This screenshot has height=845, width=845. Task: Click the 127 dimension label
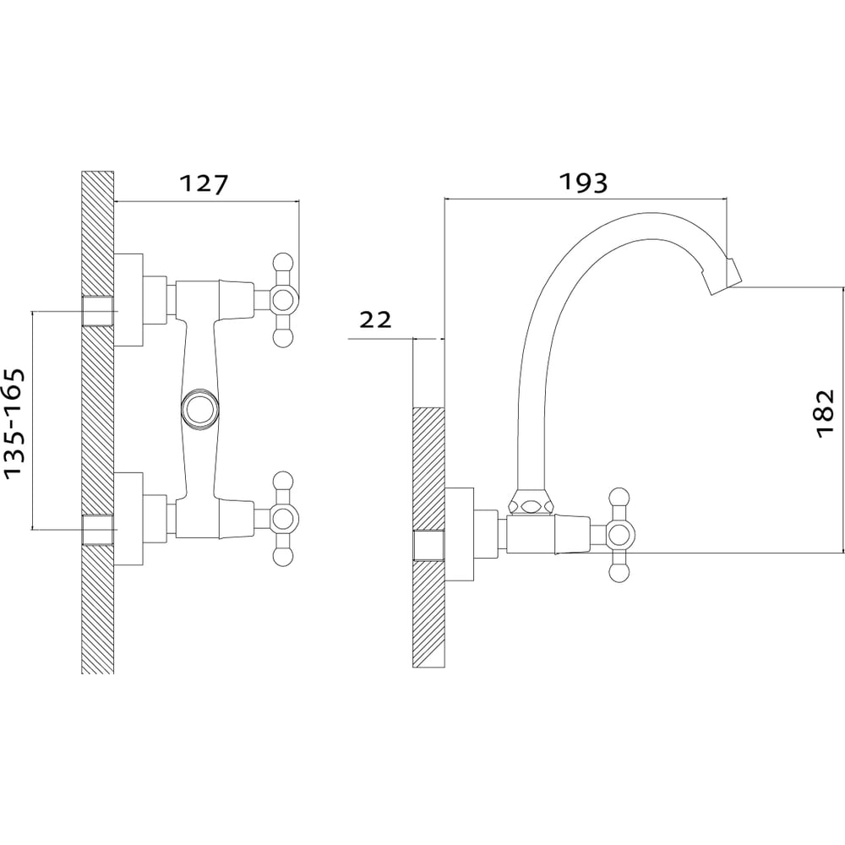click(204, 183)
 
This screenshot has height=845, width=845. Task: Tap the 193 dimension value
click(584, 183)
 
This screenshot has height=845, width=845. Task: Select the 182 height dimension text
click(825, 413)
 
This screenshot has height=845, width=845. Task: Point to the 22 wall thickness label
click(376, 320)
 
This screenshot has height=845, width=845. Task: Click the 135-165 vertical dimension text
click(14, 423)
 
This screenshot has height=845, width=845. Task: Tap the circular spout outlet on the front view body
click(200, 407)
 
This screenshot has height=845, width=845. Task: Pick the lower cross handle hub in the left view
click(284, 519)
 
